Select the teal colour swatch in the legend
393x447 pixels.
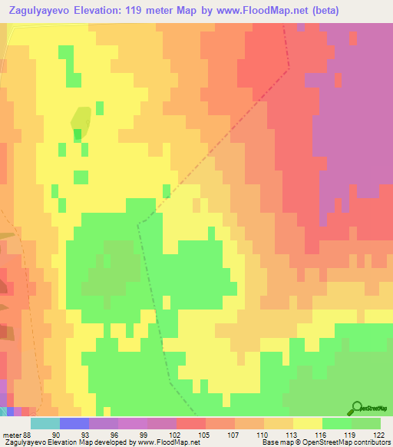[45, 424]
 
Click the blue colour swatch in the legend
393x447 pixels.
[74, 424]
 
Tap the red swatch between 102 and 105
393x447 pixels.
[191, 424]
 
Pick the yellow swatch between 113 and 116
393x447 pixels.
[308, 424]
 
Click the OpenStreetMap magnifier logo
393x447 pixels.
[357, 408]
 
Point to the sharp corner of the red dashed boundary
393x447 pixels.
[290, 67]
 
